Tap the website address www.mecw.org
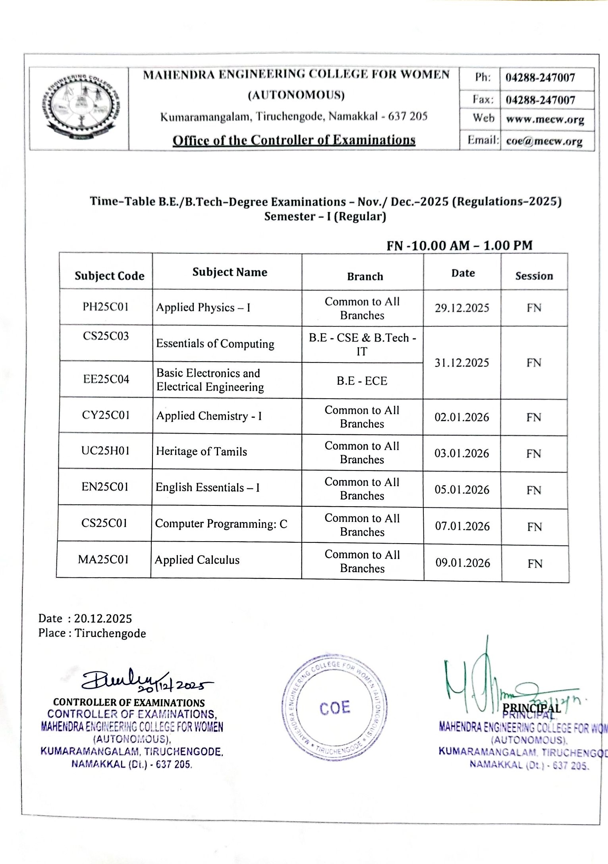[x=545, y=120]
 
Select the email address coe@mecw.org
[x=544, y=141]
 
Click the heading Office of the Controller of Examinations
[x=294, y=140]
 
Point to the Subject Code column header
[x=109, y=276]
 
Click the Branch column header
[x=365, y=276]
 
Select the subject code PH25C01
[x=106, y=307]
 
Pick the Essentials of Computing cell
[x=215, y=343]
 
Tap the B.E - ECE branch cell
[x=362, y=381]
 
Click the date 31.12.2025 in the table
[x=461, y=363]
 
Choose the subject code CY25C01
[x=106, y=415]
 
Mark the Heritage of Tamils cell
[x=201, y=451]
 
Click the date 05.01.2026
[x=462, y=490]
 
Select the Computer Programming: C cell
[x=221, y=524]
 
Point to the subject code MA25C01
[x=103, y=559]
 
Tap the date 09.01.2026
[x=463, y=563]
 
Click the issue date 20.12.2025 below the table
[x=103, y=619]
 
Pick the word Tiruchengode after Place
[x=110, y=633]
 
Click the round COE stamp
[x=334, y=708]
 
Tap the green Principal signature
[x=484, y=683]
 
